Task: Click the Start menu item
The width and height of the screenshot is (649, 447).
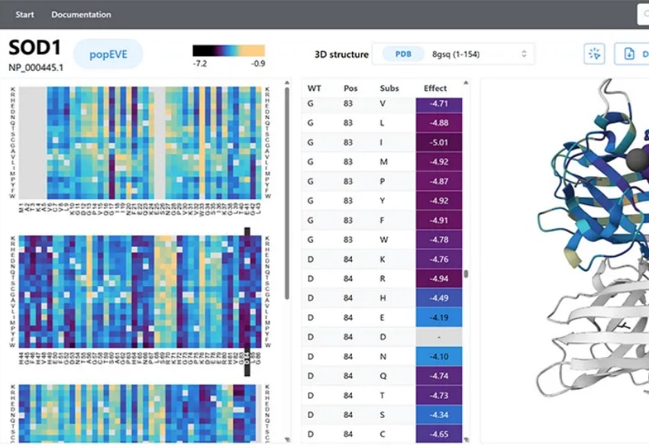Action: click(24, 14)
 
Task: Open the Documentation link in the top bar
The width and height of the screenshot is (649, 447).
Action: click(81, 14)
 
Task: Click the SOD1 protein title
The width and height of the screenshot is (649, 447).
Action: click(34, 48)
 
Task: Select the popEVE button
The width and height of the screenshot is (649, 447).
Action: click(108, 55)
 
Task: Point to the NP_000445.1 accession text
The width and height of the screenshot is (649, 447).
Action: click(36, 67)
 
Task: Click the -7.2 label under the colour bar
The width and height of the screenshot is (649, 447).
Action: click(200, 63)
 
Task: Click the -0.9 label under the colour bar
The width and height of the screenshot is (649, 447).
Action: click(258, 63)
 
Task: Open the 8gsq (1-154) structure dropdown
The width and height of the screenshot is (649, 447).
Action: click(478, 54)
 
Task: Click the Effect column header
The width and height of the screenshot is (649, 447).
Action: click(435, 88)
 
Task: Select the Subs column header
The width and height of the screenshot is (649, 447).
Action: click(389, 88)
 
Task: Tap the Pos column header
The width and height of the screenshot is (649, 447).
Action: click(350, 88)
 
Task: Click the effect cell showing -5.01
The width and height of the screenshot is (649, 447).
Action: click(439, 143)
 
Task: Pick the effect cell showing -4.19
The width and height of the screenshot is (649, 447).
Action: click(439, 317)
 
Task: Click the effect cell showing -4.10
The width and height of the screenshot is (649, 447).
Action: click(439, 356)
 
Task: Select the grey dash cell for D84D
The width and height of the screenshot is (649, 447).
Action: click(439, 337)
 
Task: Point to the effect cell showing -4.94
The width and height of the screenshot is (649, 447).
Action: click(439, 278)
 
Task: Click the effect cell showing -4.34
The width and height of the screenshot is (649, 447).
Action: click(439, 415)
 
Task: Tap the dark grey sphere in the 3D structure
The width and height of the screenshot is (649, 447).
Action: click(637, 159)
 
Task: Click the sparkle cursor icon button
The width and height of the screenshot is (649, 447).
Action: click(594, 53)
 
